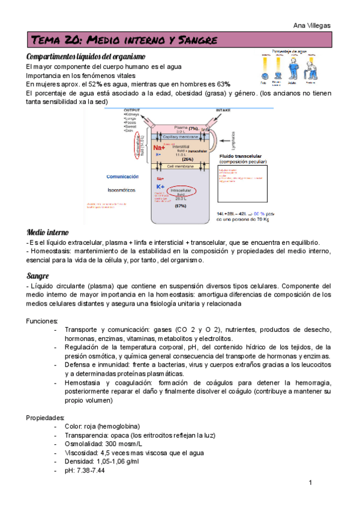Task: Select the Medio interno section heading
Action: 48,232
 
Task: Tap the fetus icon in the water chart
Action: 263,67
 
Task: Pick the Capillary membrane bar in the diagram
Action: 181,137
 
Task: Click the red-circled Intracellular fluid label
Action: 181,193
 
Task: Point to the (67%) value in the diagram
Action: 181,206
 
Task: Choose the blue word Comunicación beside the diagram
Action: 123,176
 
